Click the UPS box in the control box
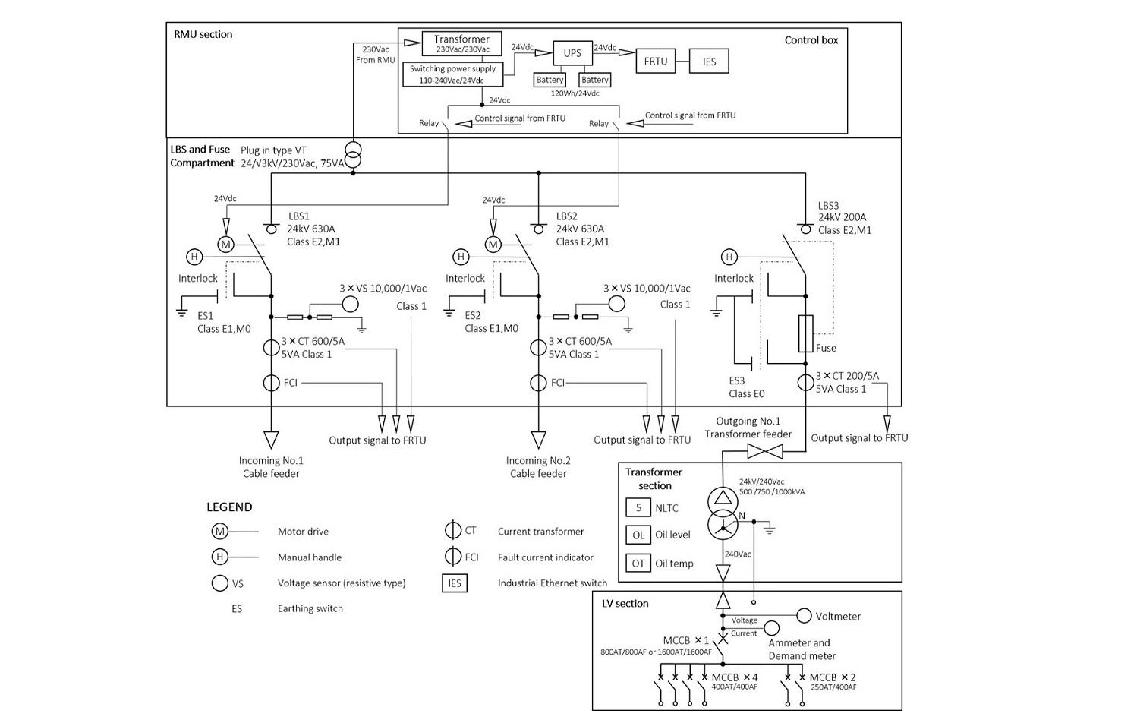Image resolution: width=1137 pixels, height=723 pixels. coord(572,53)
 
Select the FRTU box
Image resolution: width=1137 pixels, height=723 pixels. coord(655,62)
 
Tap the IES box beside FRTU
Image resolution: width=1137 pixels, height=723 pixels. coord(709,62)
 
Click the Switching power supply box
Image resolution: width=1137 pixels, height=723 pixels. coord(452,74)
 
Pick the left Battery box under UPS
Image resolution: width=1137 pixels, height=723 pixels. coord(550,80)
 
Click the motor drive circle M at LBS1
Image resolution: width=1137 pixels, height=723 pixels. coord(225,245)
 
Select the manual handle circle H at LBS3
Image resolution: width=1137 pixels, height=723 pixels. coord(729,257)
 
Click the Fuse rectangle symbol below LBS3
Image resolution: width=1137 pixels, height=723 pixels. coord(805,333)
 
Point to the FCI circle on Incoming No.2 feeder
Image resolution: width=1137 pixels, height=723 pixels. coord(538,383)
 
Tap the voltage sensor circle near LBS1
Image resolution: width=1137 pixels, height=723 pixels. coord(350,304)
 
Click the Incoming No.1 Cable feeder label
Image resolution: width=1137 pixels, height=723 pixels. coord(271,467)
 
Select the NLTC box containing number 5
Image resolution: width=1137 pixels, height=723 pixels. coord(638,507)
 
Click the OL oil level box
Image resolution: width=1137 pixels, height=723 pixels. coord(638,535)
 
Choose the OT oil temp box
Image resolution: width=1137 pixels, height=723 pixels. coord(638,563)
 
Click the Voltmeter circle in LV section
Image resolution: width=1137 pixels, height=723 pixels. coord(804,615)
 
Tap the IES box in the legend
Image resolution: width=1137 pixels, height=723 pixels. coord(455,583)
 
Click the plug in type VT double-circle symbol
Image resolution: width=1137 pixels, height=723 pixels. coord(353,155)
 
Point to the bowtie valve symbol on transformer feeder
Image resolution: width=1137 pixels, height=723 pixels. coord(765,452)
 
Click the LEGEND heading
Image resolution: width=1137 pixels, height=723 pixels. coord(229,507)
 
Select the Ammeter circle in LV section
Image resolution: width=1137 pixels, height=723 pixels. coord(772,628)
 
